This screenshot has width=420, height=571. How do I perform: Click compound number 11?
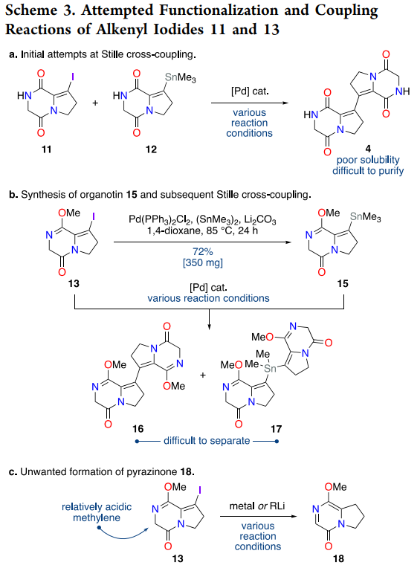[46, 149]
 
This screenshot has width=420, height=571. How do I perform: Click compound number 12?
[151, 149]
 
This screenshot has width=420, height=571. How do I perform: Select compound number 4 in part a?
[368, 148]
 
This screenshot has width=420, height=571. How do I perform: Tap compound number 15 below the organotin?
[343, 283]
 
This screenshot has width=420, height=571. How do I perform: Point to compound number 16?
[138, 428]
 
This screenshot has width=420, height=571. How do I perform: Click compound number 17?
[277, 428]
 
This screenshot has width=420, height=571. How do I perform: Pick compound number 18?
[338, 558]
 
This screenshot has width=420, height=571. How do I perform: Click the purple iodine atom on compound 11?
[72, 77]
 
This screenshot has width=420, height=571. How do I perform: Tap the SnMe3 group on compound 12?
[180, 77]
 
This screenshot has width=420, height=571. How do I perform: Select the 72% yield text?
[203, 251]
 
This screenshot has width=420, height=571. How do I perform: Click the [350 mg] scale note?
[203, 262]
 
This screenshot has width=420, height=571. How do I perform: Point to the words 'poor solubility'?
[368, 160]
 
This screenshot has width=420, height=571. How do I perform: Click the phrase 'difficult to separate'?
[207, 441]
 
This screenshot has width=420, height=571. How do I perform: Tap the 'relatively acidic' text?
[97, 507]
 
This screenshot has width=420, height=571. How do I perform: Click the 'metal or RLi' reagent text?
[257, 506]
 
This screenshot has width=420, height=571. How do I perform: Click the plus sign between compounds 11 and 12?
[95, 103]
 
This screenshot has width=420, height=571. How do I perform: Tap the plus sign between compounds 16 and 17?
[203, 375]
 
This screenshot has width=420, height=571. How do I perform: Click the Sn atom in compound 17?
[270, 369]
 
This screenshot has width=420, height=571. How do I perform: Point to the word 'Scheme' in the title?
[31, 10]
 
